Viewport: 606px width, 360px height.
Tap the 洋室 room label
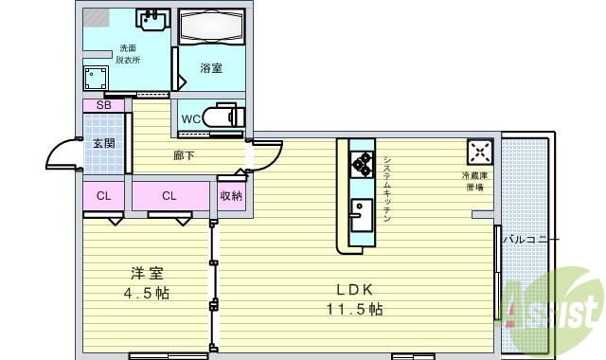149,274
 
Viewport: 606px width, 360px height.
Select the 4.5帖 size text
149,294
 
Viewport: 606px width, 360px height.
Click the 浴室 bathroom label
210,68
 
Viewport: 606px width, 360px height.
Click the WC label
190,119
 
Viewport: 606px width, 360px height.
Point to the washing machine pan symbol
97,76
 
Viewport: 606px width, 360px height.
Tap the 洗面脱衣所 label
127,54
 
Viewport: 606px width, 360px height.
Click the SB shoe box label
104,105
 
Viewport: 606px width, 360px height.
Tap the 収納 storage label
231,196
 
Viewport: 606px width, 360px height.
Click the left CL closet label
103,196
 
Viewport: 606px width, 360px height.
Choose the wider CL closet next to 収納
169,196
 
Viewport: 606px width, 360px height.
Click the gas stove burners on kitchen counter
363,164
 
